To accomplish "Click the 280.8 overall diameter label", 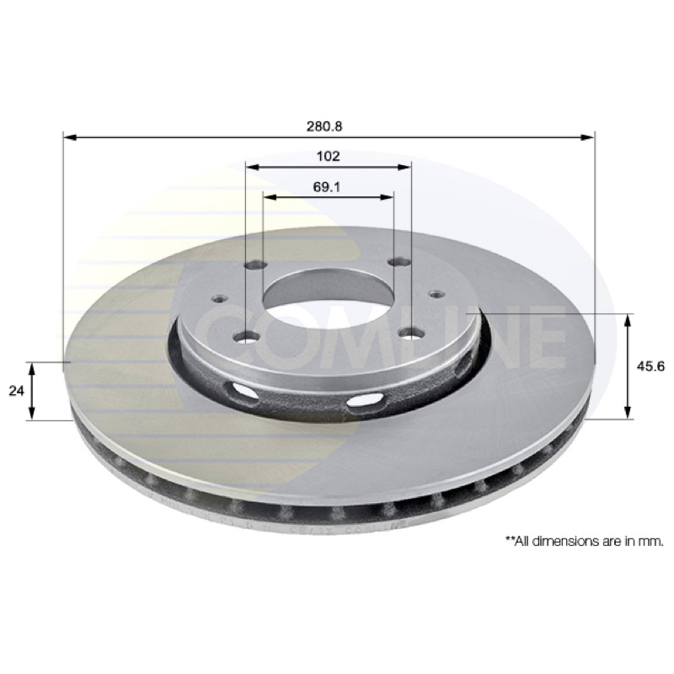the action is pyautogui.click(x=324, y=126).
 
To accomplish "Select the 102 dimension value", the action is pyautogui.click(x=328, y=156).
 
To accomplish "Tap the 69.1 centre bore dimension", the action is pyautogui.click(x=327, y=187).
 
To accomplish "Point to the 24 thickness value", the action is pyautogui.click(x=16, y=391).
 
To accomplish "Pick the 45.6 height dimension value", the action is pyautogui.click(x=650, y=366).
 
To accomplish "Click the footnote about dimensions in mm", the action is pyautogui.click(x=585, y=541).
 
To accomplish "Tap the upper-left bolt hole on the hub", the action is pyautogui.click(x=256, y=265).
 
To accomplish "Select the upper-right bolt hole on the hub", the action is pyautogui.click(x=399, y=261).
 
